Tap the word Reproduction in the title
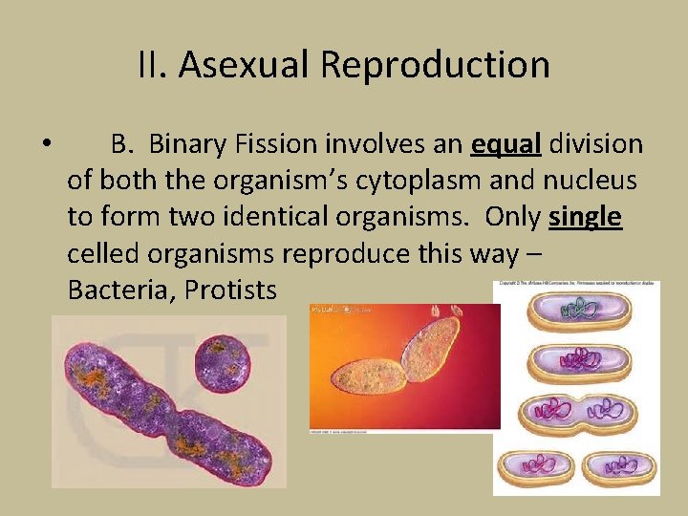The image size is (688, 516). [x=435, y=65]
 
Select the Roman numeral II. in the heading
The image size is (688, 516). [x=153, y=65]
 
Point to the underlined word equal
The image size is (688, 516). [x=506, y=145]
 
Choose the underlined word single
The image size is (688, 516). [x=586, y=217]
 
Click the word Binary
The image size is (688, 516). [x=185, y=145]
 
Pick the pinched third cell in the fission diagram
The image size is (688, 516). [x=575, y=414]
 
